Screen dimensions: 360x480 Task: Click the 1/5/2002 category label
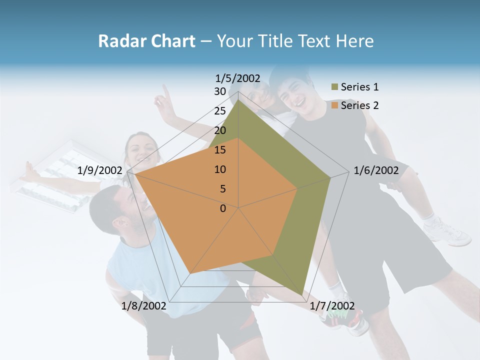coord(238,78)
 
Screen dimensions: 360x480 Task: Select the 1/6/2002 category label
coord(376,170)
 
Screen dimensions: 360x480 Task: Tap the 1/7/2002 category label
coord(332,305)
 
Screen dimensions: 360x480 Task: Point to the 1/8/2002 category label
coord(143,305)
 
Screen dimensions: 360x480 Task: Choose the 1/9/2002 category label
coord(100,170)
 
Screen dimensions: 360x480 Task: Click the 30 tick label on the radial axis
coord(220,91)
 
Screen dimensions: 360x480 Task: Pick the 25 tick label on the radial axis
coord(220,111)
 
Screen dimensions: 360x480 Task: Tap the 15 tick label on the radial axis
coord(220,150)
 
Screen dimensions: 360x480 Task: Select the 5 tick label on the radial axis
coord(223,189)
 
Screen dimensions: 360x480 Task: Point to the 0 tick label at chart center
coord(223,208)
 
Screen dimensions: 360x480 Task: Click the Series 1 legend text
coord(359,87)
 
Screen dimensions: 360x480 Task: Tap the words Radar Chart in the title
coord(146,41)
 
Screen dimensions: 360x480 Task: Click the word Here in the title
coord(355,41)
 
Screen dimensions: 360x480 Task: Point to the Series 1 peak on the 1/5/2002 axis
coord(238,99)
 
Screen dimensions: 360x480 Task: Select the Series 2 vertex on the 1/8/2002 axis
coord(190,273)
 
